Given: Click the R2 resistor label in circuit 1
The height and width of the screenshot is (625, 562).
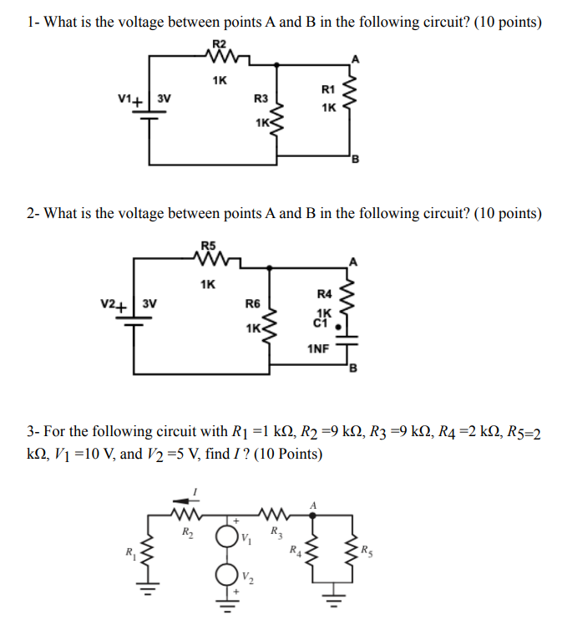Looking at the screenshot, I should coord(219,43).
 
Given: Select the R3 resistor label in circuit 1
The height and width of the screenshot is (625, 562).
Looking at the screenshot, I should coord(261,99).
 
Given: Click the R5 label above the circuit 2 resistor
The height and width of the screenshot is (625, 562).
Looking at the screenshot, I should coord(208,246).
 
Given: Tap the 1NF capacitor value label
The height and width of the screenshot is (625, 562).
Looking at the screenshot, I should coord(317,347).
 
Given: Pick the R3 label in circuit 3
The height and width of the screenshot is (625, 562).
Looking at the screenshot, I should coord(275,531).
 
